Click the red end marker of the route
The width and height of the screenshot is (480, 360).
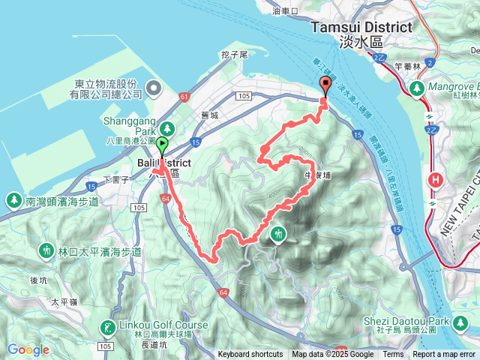[x=325, y=84]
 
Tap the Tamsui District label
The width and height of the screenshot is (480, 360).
[x=361, y=28]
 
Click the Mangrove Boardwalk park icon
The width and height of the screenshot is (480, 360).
[x=415, y=89]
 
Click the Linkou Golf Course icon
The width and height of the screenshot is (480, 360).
[x=109, y=327]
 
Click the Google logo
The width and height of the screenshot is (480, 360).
[x=28, y=349]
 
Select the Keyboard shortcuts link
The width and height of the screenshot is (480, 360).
[x=250, y=355]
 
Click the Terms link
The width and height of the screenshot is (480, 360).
[x=393, y=355]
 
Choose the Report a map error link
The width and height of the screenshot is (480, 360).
[x=445, y=355]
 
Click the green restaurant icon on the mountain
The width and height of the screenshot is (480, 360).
[x=279, y=234]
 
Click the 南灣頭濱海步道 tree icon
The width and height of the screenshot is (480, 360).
[x=13, y=200]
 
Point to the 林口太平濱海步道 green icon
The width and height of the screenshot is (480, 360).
[x=46, y=250]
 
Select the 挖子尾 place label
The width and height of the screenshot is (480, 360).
[x=234, y=55]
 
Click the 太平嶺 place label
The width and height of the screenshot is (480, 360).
[x=64, y=302]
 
